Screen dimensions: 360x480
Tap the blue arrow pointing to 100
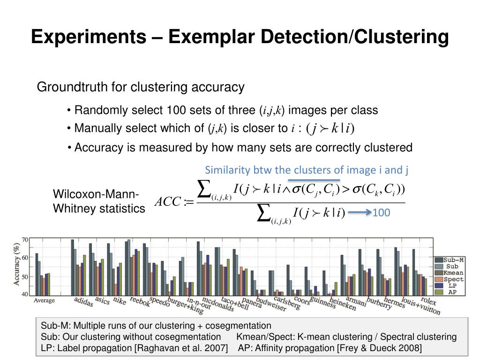click(x=360, y=213)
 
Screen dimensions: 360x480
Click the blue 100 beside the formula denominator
click(x=382, y=213)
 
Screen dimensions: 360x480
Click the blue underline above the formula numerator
click(x=314, y=180)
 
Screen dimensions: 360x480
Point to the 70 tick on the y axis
click(x=25, y=240)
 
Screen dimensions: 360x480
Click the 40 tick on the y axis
click(x=25, y=294)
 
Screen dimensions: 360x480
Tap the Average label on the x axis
click(x=44, y=300)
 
